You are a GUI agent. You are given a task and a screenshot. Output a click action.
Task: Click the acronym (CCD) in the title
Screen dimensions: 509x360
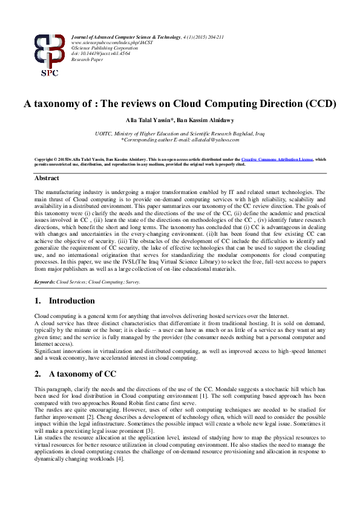tap(319, 103)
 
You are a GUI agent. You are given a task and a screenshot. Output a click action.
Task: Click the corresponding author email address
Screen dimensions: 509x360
tap(214, 139)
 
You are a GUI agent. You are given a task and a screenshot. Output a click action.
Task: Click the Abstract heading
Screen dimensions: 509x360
tap(47, 178)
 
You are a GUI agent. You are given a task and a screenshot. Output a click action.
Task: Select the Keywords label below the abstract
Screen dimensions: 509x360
tap(45, 282)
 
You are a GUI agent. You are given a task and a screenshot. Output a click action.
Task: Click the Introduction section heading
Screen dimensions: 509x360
tap(71, 300)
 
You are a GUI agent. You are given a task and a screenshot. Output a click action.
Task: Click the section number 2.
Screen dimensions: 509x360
tap(38, 374)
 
